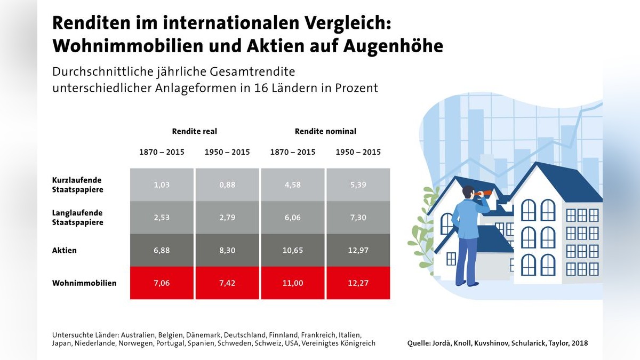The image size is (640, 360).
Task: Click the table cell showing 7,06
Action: click(162, 283)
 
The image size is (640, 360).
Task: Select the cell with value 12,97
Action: click(358, 250)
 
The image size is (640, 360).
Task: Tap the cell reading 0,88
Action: click(227, 185)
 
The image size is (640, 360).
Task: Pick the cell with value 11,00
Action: click(292, 283)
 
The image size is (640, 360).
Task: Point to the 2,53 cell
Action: click(162, 218)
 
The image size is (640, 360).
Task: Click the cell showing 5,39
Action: click(358, 185)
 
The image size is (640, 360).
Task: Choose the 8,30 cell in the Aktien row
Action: click(227, 250)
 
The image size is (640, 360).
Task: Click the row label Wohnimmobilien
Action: click(84, 283)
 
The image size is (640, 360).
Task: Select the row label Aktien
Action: click(64, 250)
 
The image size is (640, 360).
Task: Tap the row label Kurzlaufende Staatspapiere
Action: click(77, 185)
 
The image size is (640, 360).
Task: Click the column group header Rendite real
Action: click(194, 131)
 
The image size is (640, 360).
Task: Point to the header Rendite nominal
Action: click(325, 131)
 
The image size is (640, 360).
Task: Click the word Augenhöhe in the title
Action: click(393, 46)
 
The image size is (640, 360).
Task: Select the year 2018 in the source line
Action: click(579, 343)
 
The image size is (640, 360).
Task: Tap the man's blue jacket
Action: click(465, 219)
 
